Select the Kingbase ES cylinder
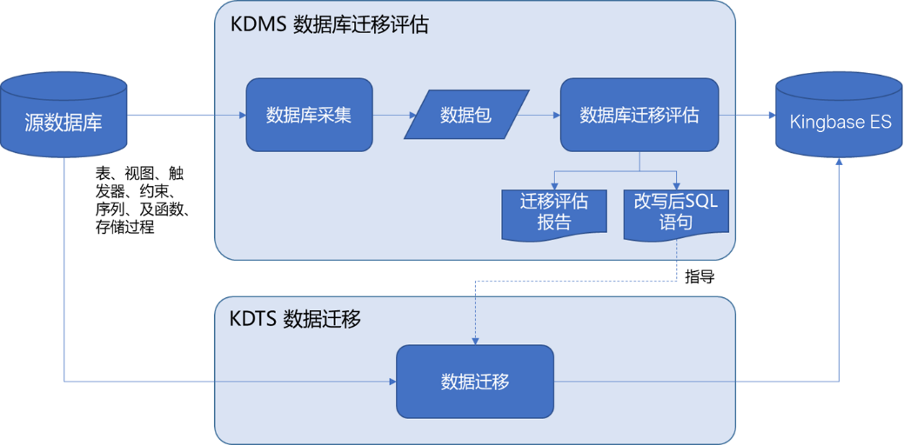(840, 120)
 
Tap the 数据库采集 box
(309, 114)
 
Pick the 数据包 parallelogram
(466, 114)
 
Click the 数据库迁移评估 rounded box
(639, 114)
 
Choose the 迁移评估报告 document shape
(554, 211)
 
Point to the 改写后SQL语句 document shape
(676, 211)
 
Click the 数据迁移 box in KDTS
(475, 381)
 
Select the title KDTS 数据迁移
(295, 318)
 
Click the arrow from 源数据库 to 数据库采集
(186, 115)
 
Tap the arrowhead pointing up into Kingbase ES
(840, 162)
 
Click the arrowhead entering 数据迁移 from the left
(392, 381)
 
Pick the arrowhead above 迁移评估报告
(554, 183)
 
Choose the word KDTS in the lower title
(253, 318)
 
